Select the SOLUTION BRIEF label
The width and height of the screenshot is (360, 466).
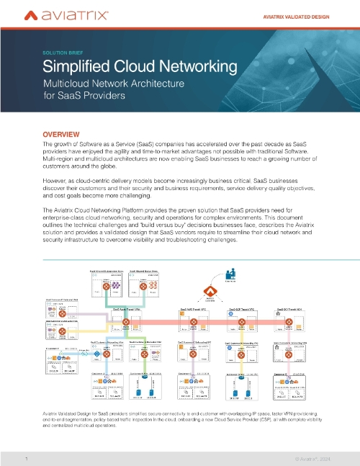tap(68, 53)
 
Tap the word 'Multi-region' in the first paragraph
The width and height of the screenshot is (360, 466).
tap(63, 163)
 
